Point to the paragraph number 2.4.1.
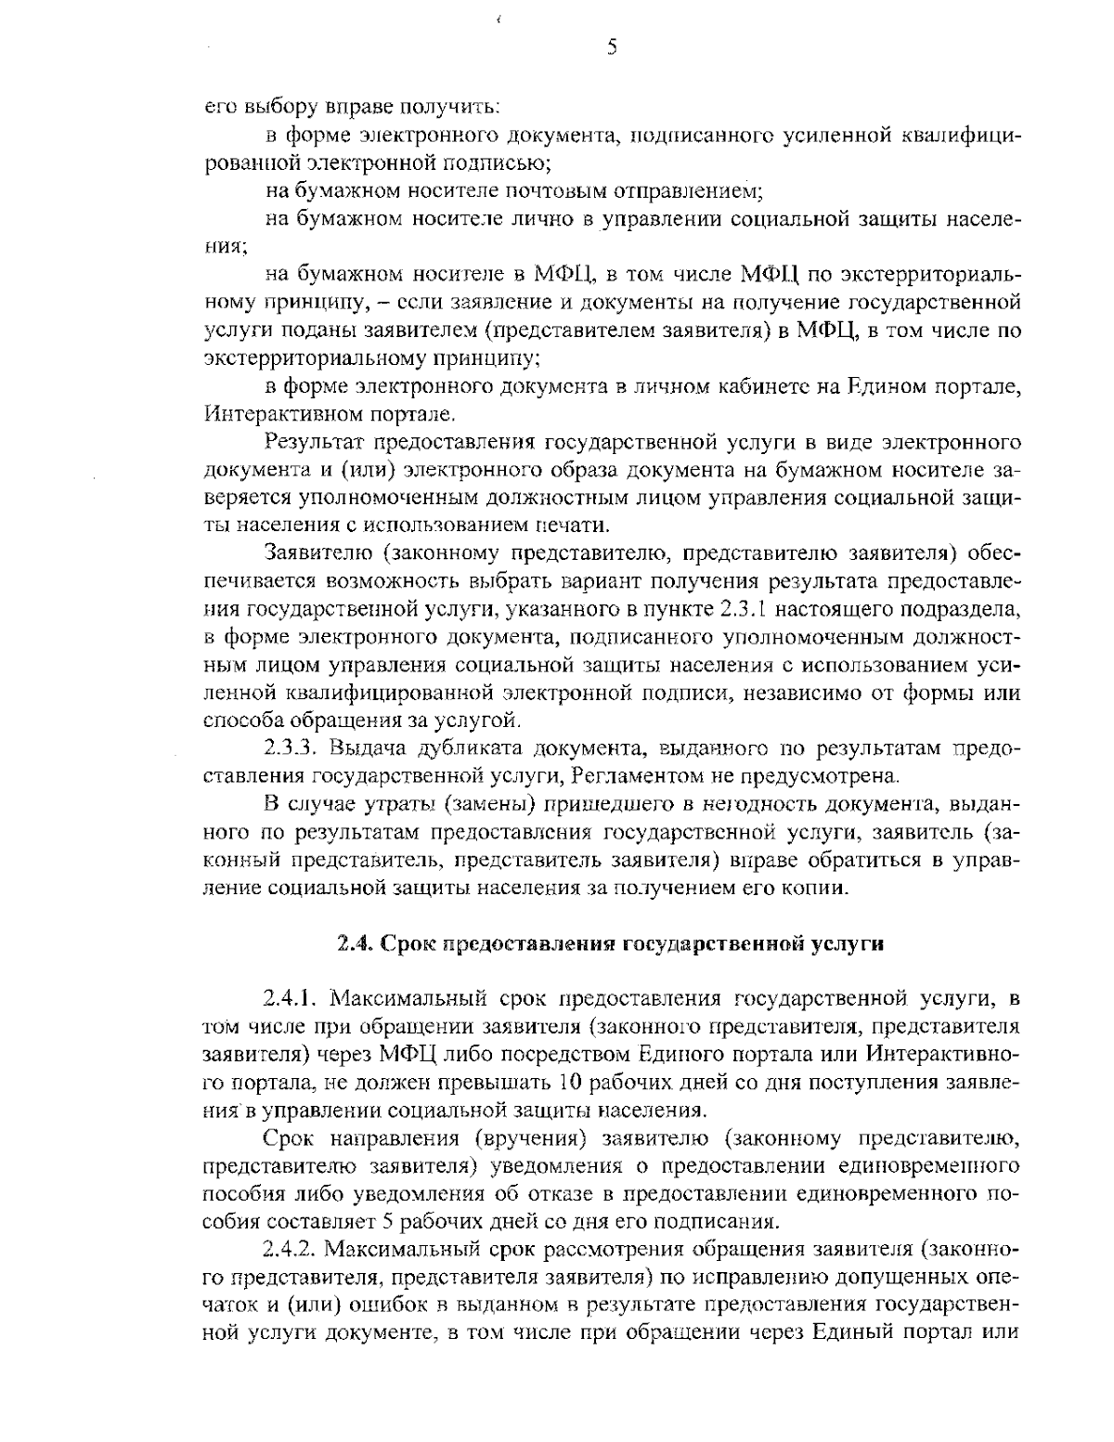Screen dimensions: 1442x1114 pyautogui.click(x=291, y=999)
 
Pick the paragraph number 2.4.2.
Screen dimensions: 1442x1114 pyautogui.click(x=291, y=1246)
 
